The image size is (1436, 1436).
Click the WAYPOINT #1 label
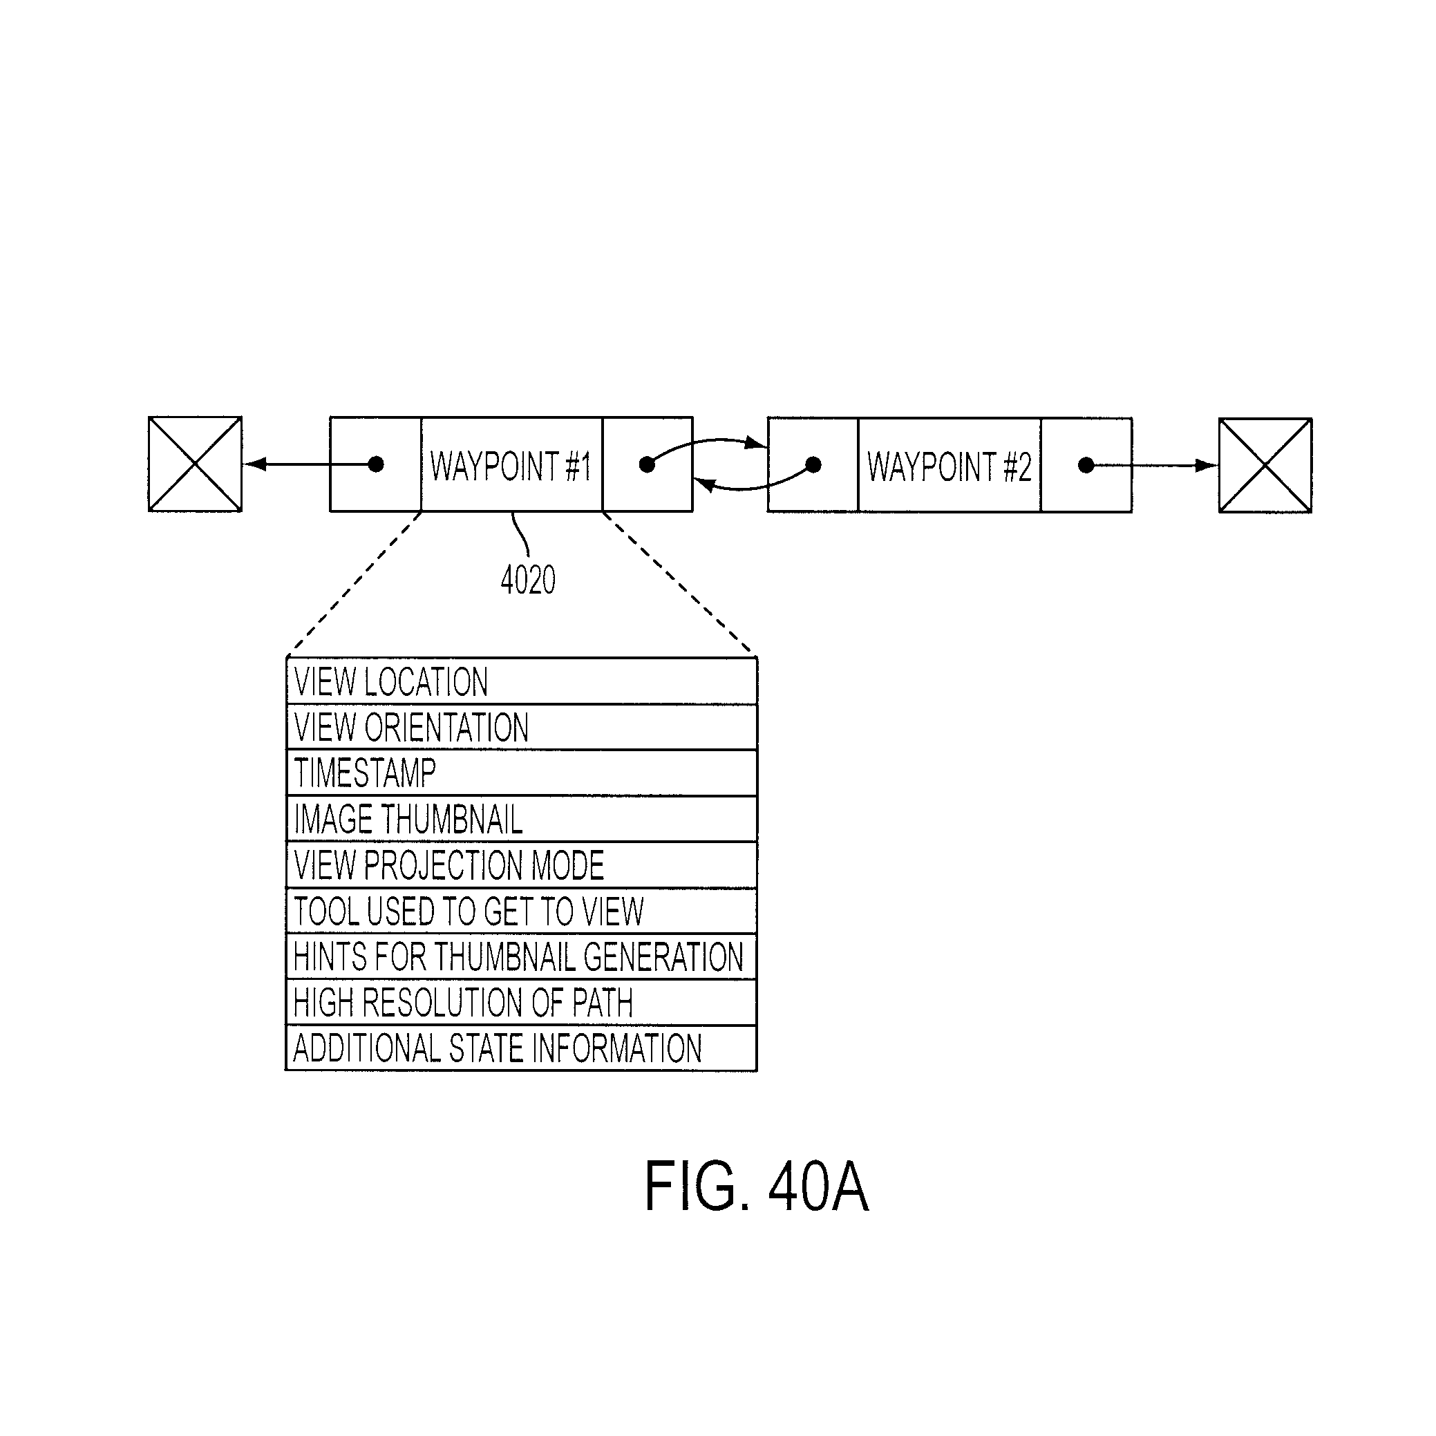tap(511, 466)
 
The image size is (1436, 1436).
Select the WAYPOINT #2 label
tap(950, 466)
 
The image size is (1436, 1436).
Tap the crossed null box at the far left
tap(195, 464)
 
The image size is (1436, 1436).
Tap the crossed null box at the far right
tap(1265, 465)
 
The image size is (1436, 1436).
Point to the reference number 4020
tap(528, 580)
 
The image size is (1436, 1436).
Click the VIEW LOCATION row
tap(521, 681)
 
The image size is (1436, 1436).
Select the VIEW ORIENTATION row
tap(521, 727)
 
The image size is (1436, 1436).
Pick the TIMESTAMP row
tap(521, 773)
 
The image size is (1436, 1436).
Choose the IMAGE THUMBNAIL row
tap(521, 819)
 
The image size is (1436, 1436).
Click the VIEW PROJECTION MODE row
tap(521, 865)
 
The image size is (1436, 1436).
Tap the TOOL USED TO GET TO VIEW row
tap(521, 911)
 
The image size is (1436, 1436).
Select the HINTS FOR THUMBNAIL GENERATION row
tap(521, 956)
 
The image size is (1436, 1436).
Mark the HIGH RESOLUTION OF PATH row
tap(521, 1003)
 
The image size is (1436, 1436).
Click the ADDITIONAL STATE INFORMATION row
tap(521, 1048)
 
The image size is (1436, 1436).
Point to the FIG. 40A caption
tap(756, 1187)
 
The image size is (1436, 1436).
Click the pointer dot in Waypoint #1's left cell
tap(376, 464)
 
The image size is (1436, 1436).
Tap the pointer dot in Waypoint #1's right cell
tap(647, 464)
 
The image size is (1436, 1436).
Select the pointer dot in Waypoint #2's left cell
tap(813, 465)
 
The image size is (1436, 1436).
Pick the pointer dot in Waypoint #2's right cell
tap(1085, 465)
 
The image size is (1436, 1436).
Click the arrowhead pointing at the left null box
tap(254, 464)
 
